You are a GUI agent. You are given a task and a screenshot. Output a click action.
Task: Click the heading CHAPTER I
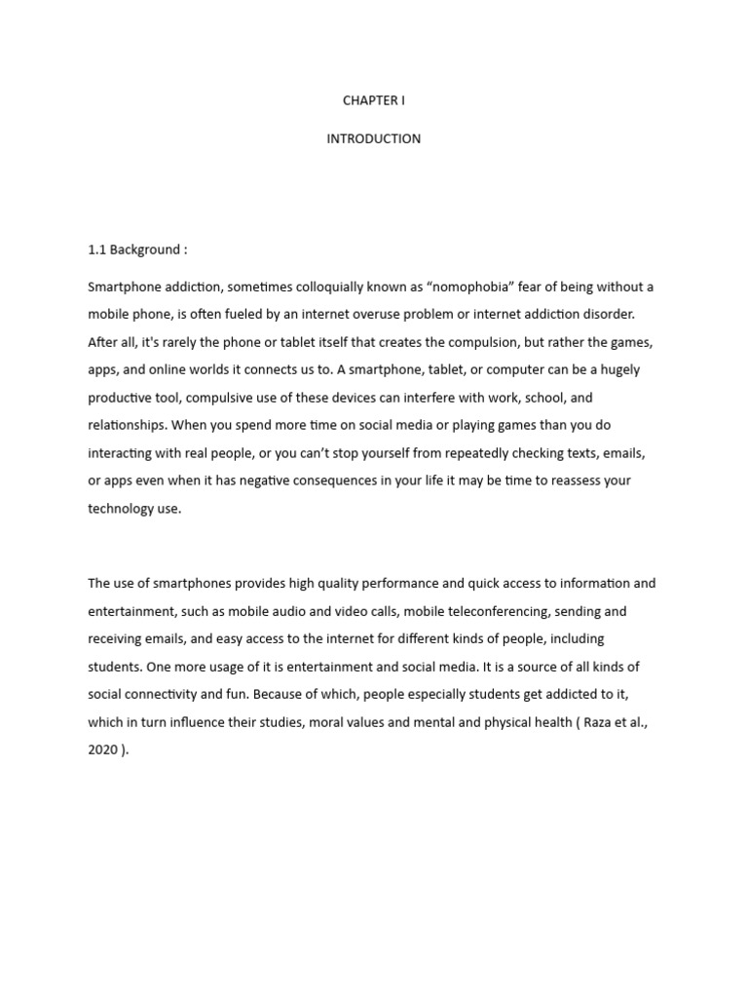point(374,101)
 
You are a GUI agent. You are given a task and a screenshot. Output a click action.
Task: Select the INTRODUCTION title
point(374,138)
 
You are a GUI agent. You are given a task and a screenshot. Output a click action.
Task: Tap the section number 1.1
point(96,249)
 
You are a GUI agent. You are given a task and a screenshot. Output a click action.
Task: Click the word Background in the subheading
point(145,249)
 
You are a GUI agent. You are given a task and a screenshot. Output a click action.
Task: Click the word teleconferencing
point(506,611)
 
